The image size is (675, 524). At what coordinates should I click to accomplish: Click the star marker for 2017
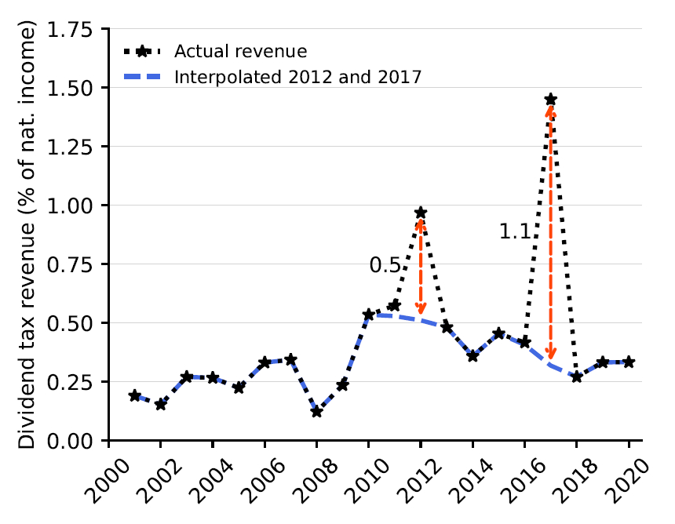tap(551, 100)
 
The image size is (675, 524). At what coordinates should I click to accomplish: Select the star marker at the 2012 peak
tap(421, 213)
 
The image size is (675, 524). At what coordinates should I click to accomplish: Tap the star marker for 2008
tap(316, 411)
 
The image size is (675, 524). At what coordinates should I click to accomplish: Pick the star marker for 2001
tap(135, 395)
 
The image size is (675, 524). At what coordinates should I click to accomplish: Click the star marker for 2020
tap(629, 362)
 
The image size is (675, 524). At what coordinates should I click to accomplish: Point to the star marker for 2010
tap(369, 315)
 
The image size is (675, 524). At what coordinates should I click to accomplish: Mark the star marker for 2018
tap(577, 377)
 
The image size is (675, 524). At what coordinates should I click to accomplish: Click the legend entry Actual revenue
tap(239, 52)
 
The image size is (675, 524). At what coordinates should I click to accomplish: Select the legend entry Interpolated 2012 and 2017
tap(298, 77)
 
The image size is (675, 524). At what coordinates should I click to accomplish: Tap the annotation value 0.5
tap(385, 266)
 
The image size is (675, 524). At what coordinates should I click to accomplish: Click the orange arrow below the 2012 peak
tap(421, 267)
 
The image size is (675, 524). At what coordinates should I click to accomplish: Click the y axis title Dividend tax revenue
tap(28, 235)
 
